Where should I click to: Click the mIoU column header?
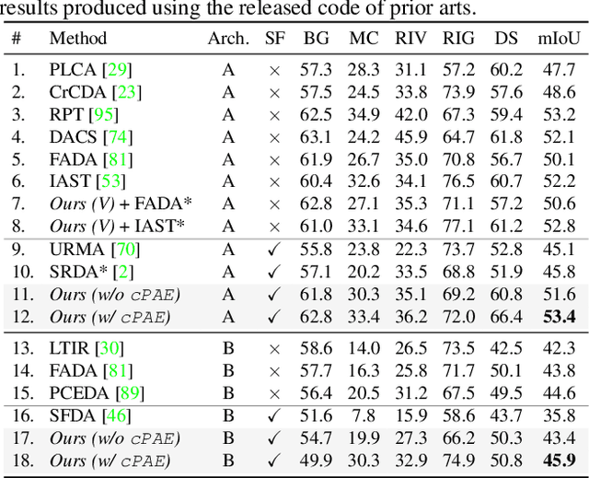coord(557,39)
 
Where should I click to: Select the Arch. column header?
coord(228,39)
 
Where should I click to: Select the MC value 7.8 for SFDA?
coord(364,416)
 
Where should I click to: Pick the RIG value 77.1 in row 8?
coord(458,225)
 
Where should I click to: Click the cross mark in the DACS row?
coord(273,136)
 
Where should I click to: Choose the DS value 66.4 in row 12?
coord(505,317)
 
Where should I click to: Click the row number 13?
coord(18,348)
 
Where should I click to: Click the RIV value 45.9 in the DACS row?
coord(410,136)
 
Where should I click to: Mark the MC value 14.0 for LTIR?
coord(364,348)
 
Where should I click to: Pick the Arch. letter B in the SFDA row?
coord(228,416)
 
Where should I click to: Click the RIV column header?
coord(410,39)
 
